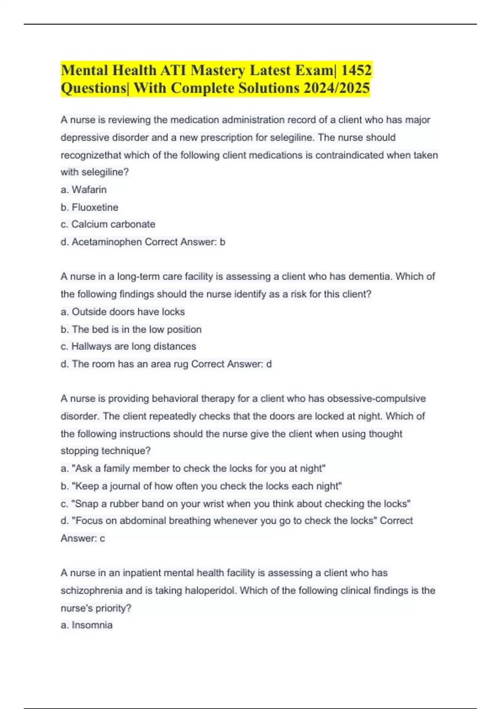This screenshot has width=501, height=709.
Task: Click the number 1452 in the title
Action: click(356, 70)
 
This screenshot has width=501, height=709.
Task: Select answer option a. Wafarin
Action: click(83, 190)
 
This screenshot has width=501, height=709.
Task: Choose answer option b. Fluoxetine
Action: click(89, 207)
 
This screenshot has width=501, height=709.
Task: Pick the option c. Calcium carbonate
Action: click(108, 224)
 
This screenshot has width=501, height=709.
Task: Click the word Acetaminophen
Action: click(107, 242)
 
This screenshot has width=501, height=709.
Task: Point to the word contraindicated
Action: click(349, 155)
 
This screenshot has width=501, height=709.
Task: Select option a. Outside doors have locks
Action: click(123, 312)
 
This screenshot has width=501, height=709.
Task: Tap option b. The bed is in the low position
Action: click(131, 329)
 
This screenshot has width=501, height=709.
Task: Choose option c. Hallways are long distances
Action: click(128, 347)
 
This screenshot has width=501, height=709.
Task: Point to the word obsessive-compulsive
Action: click(376, 399)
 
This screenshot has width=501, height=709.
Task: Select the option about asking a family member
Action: click(193, 469)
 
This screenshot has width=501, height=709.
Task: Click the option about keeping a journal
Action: click(201, 486)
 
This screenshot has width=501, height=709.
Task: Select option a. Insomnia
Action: click(86, 625)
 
